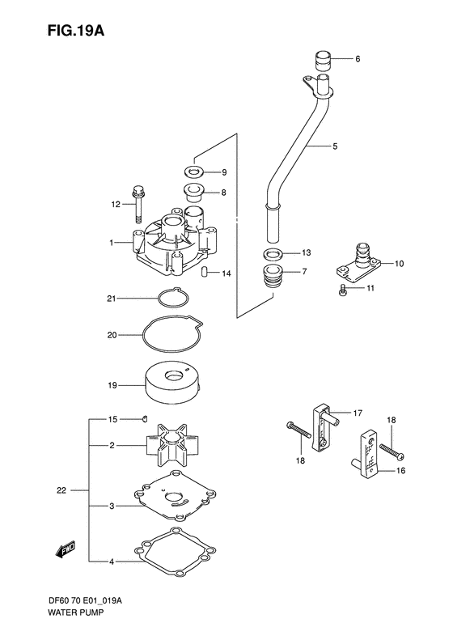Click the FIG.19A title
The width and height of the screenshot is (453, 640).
pyautogui.click(x=76, y=31)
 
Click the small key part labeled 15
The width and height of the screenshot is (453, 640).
pyautogui.click(x=145, y=418)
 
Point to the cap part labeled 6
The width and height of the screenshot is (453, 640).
pyautogui.click(x=323, y=61)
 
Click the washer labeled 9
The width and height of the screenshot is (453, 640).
pyautogui.click(x=194, y=172)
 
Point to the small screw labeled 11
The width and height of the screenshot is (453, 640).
pyautogui.click(x=343, y=290)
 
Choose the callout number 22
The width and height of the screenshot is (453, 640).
pyautogui.click(x=61, y=490)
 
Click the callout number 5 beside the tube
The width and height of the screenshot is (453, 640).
pyautogui.click(x=335, y=146)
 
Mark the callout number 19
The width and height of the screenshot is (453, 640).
pyautogui.click(x=112, y=385)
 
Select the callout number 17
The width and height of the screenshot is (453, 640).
pyautogui.click(x=358, y=413)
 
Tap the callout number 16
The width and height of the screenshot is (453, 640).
pyautogui.click(x=400, y=471)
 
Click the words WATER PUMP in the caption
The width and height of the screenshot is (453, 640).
pyautogui.click(x=75, y=612)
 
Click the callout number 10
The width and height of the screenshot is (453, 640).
pyautogui.click(x=399, y=263)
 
